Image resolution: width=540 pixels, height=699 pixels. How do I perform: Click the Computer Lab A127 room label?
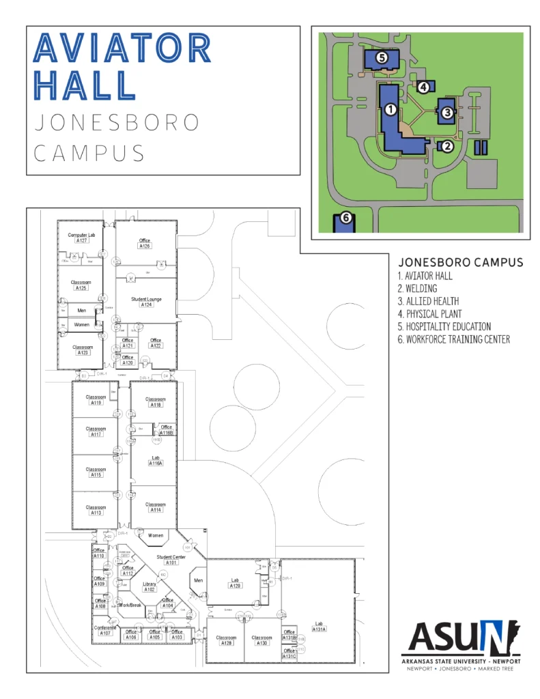pos(81,238)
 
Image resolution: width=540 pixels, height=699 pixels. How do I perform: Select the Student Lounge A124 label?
pos(145,302)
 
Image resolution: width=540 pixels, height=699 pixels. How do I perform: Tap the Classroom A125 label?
pos(81,285)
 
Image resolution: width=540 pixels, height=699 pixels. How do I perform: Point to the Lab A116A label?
pos(155,460)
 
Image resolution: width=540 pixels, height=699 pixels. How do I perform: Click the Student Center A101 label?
pos(171,560)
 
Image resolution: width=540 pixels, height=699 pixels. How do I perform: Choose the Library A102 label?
pos(150,586)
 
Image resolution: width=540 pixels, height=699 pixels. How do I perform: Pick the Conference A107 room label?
pos(105,630)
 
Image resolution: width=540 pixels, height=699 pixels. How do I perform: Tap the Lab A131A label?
pos(319,627)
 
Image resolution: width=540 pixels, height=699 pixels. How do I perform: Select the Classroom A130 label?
pos(261,640)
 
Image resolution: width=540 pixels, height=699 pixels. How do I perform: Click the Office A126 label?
pos(145,243)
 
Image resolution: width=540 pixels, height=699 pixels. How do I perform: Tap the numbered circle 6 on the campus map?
pos(345,218)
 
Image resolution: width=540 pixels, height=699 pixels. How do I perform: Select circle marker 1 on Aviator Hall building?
pos(390,109)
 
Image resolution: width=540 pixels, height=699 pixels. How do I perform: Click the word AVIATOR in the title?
pos(122,48)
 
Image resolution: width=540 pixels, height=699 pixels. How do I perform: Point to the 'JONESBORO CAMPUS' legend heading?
pos(460,262)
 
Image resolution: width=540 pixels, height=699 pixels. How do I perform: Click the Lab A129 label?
pos(235,584)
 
